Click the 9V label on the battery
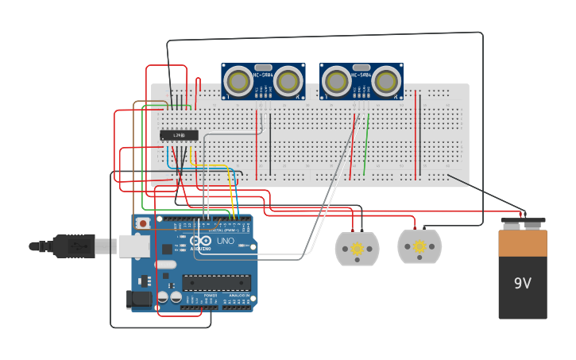522,284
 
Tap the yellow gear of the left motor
358,249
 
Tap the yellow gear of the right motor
419,247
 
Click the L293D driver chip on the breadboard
179,135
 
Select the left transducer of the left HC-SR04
238,81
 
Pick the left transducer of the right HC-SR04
336,81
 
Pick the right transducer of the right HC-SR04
386,81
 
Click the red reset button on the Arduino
143,223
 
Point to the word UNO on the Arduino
226,240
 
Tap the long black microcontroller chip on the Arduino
216,282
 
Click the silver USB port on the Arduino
134,246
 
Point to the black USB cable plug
73,246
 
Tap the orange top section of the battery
523,243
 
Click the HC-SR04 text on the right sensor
361,75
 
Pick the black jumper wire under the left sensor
270,143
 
